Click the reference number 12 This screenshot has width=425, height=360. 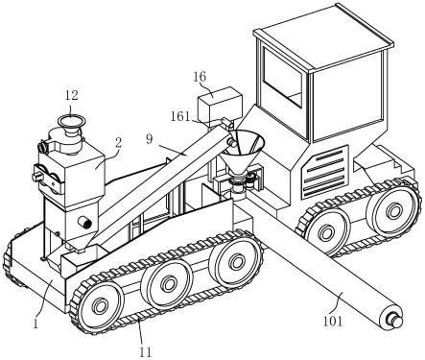(72, 95)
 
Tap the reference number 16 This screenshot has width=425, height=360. (200, 77)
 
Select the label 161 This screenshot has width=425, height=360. (180, 116)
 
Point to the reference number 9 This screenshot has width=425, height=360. (150, 139)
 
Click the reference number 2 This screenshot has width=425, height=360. (118, 143)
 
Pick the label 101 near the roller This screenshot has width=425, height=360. (333, 322)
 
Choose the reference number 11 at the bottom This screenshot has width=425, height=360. (145, 352)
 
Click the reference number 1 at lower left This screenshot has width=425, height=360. (35, 324)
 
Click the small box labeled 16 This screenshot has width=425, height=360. (220, 103)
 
